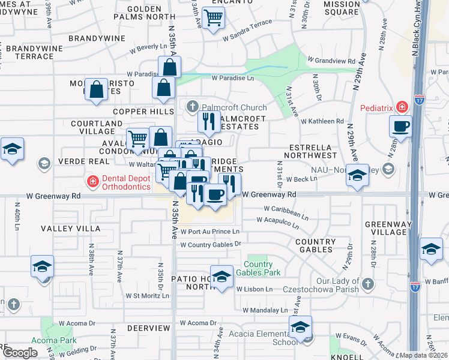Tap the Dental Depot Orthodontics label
[125, 182]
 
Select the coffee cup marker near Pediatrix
[400, 126]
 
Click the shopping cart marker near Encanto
[213, 18]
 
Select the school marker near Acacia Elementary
[300, 328]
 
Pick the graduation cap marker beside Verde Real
[12, 149]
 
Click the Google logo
[20, 352]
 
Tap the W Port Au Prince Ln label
[210, 232]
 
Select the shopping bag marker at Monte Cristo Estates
[96, 90]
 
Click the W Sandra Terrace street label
[247, 37]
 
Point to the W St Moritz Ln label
[147, 296]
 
